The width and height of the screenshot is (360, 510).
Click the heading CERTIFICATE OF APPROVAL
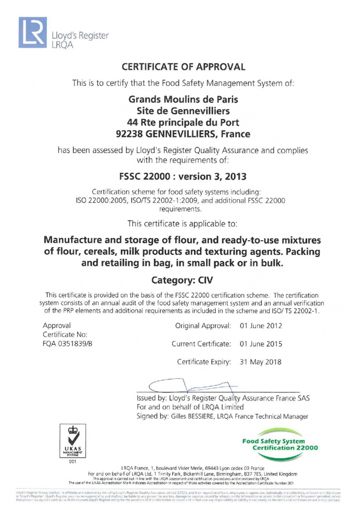click(184, 67)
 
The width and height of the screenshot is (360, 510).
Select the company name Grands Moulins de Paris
click(183, 100)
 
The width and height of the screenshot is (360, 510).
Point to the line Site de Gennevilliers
click(183, 111)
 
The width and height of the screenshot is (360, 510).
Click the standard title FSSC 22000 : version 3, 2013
click(183, 178)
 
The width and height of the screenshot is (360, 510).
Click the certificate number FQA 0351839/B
click(67, 343)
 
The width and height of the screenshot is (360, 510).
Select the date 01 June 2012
click(260, 326)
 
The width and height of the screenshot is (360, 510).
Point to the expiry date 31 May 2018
click(260, 362)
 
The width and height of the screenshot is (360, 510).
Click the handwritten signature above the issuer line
click(189, 386)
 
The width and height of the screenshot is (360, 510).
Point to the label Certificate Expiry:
click(204, 362)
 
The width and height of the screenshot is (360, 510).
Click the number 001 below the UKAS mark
click(72, 462)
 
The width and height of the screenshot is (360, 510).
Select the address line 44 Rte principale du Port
click(183, 123)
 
